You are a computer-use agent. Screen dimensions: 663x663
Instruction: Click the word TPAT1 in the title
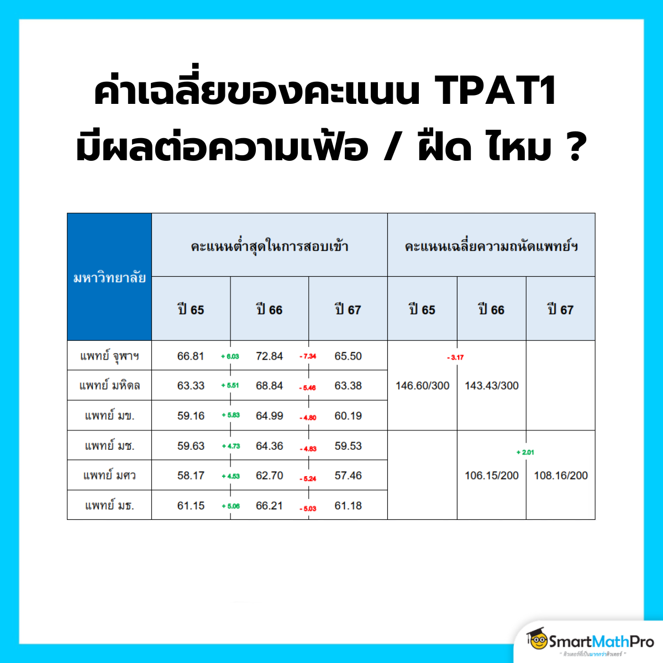pyautogui.click(x=496, y=91)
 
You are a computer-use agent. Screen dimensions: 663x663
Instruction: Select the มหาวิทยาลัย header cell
pyautogui.click(x=109, y=277)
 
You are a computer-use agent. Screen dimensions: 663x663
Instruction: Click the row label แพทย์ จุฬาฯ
pyautogui.click(x=109, y=356)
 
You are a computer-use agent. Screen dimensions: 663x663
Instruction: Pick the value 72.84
pyautogui.click(x=269, y=356)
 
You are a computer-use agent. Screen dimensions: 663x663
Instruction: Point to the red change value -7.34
pyautogui.click(x=308, y=356)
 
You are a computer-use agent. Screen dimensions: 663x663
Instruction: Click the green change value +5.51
pyautogui.click(x=230, y=386)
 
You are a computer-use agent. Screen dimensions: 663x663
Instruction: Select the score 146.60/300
pyautogui.click(x=423, y=386)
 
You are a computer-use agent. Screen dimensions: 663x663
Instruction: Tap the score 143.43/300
pyautogui.click(x=492, y=386)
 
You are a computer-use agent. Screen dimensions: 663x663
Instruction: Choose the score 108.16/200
pyautogui.click(x=561, y=476)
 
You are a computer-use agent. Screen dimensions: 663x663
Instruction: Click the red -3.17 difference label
pyautogui.click(x=456, y=357)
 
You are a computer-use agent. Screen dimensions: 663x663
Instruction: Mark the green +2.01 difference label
pyautogui.click(x=525, y=452)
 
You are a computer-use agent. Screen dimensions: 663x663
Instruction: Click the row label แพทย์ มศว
pyautogui.click(x=109, y=476)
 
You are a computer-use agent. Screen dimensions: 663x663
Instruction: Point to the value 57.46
pyautogui.click(x=348, y=476)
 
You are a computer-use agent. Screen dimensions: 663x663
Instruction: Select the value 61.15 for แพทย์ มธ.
pyautogui.click(x=191, y=506)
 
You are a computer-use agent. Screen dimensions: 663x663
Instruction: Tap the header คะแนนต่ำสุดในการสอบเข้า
pyautogui.click(x=270, y=246)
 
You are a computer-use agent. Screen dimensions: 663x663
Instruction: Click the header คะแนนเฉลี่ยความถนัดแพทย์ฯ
pyautogui.click(x=491, y=246)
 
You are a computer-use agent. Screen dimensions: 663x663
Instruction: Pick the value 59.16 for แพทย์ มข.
pyautogui.click(x=191, y=416)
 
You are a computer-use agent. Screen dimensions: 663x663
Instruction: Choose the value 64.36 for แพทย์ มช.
pyautogui.click(x=269, y=446)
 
